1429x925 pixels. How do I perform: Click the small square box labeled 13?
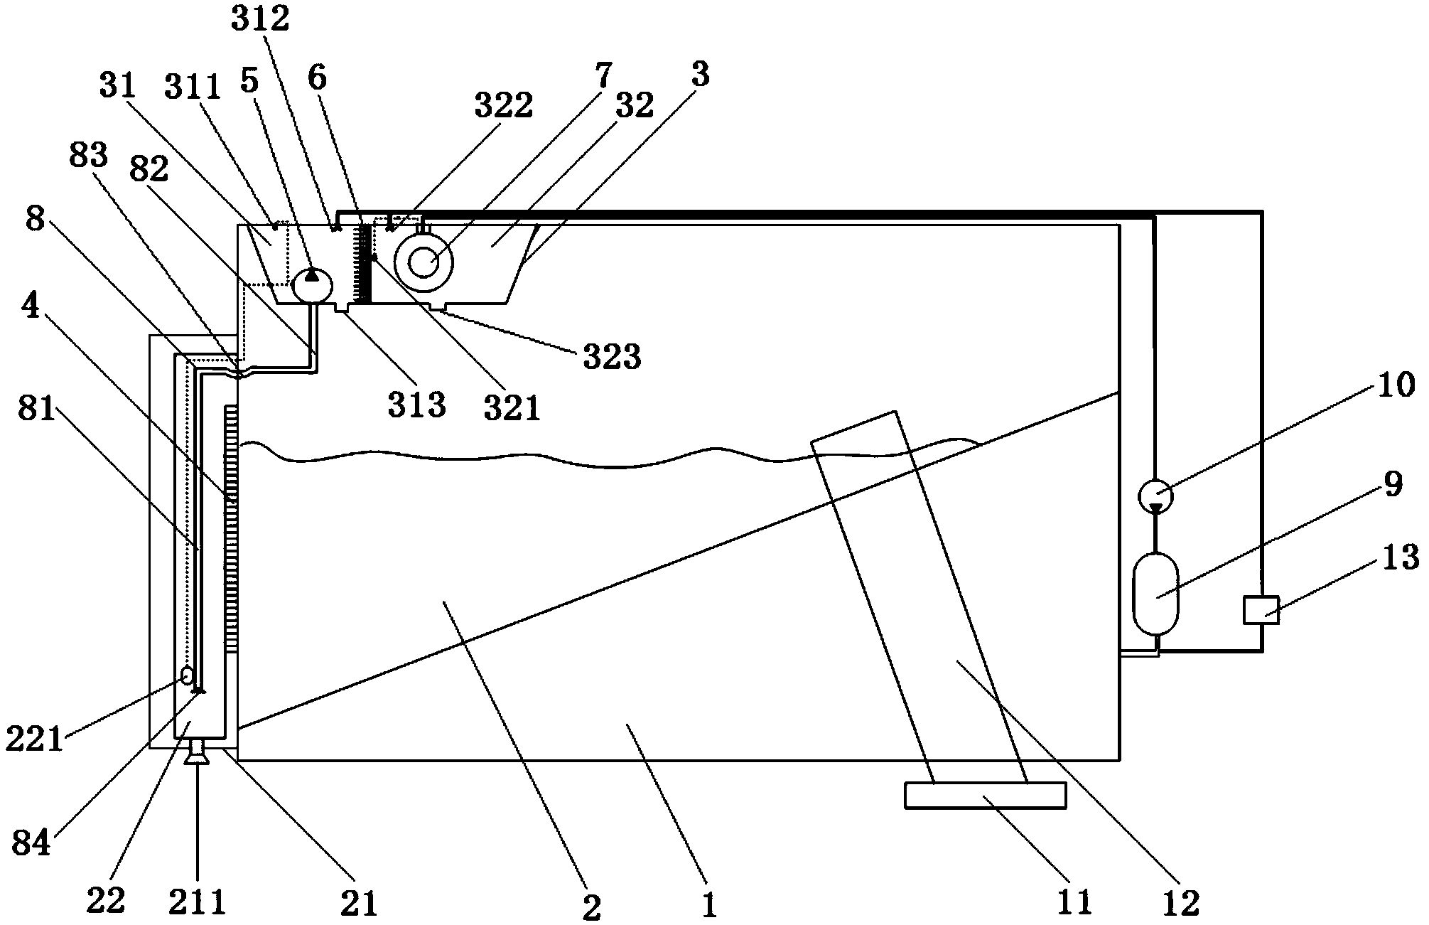pos(1261,610)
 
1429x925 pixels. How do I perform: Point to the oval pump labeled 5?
pos(312,284)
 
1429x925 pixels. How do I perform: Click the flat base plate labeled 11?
pos(985,795)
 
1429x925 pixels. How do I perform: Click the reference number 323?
pos(612,358)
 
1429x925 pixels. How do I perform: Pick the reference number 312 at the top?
pos(260,19)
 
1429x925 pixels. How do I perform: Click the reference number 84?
pos(31,844)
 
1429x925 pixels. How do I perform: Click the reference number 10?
pos(1396,385)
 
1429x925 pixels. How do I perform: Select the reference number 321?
pos(512,408)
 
